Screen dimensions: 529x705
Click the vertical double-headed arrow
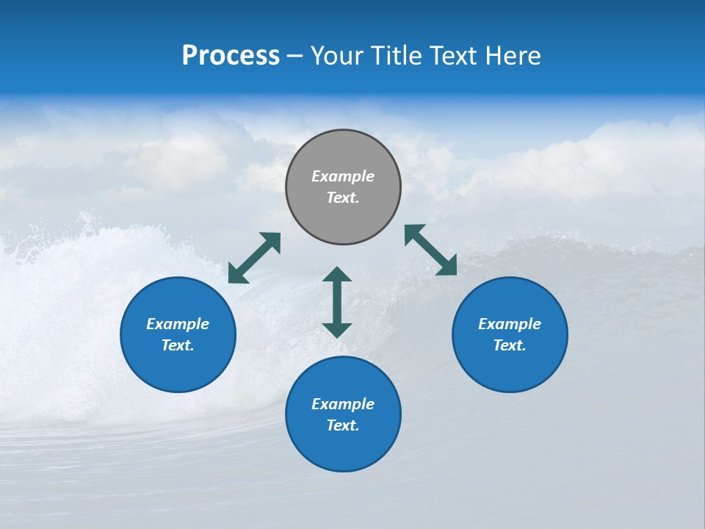(337, 302)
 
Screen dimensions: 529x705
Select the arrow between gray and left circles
(254, 258)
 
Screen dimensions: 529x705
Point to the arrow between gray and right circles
(430, 250)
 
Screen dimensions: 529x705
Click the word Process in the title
(231, 55)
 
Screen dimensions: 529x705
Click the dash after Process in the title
(294, 56)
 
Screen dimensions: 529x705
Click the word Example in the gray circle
(343, 176)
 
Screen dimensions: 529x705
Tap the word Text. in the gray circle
(343, 198)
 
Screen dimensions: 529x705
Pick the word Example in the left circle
(178, 324)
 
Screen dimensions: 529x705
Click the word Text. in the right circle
(510, 345)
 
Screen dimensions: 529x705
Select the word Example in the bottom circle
(343, 404)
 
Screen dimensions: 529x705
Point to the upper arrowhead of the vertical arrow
(337, 276)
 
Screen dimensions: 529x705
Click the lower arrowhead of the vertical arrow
(337, 329)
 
